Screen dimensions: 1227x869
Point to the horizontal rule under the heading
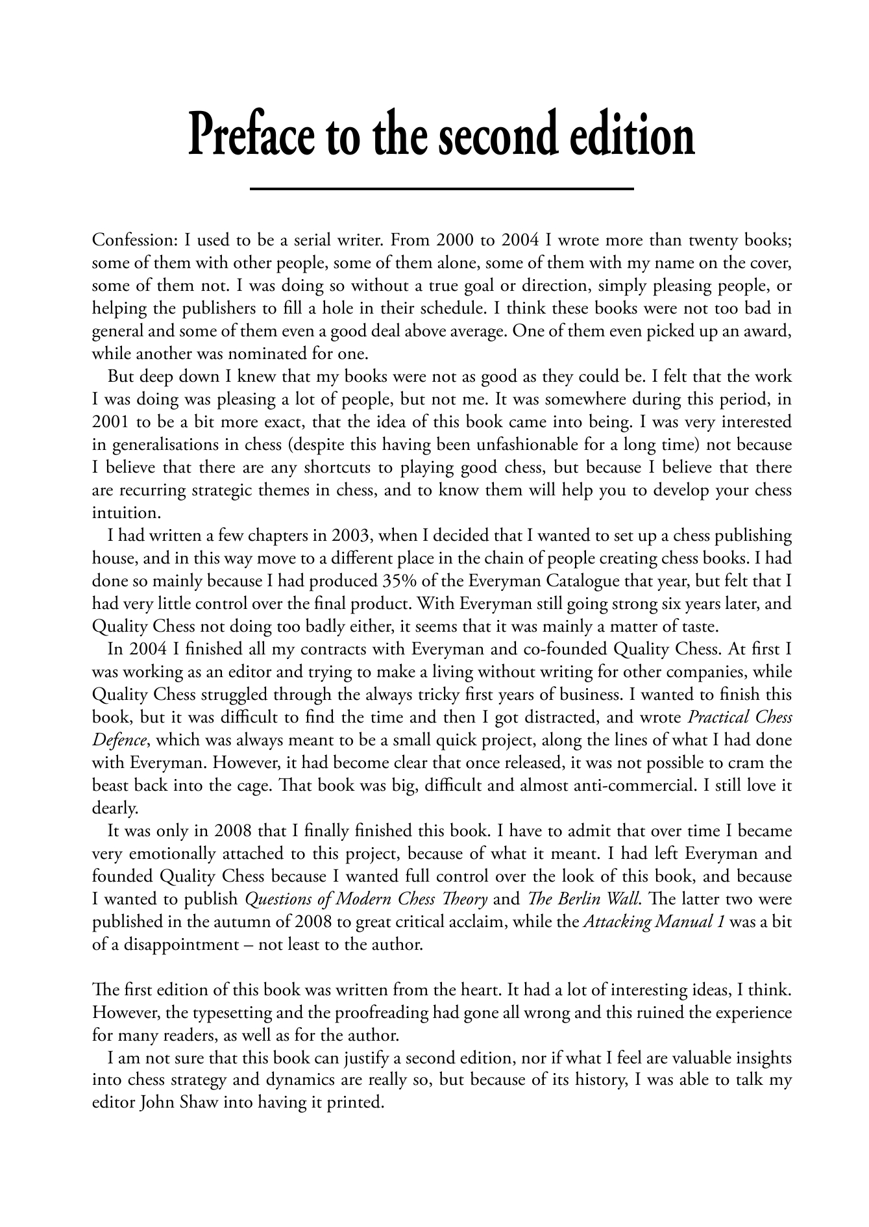pyautogui.click(x=441, y=189)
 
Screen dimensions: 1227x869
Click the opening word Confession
pyautogui.click(x=133, y=241)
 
